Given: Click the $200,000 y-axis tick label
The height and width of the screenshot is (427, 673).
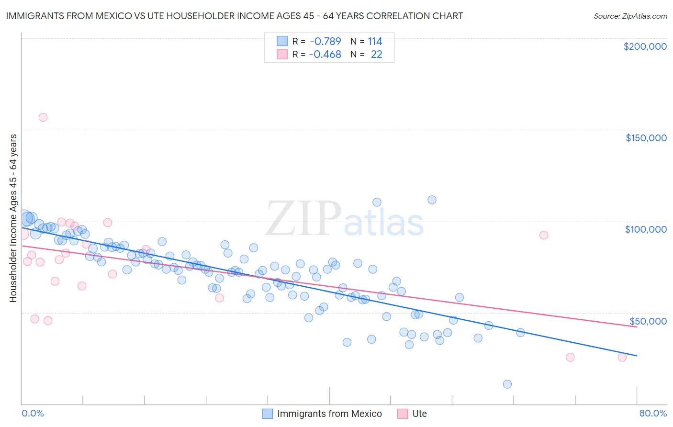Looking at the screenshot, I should tap(645, 46).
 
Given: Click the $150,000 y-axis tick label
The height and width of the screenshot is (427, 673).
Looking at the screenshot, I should tap(646, 138).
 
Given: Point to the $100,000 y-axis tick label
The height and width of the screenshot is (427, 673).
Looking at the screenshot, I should tap(646, 229).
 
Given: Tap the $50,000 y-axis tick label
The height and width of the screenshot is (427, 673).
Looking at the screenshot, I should tap(648, 321).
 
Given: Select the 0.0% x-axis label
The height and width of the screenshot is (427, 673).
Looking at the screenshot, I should tap(33, 413).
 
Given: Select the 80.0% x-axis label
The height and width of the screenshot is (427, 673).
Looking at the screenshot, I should tap(653, 413).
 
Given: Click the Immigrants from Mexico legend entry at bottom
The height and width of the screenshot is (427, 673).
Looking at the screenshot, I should tap(329, 414).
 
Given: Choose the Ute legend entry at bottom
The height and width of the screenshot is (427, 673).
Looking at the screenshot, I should tap(419, 414).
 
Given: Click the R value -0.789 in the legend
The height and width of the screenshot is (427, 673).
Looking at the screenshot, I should tap(325, 41).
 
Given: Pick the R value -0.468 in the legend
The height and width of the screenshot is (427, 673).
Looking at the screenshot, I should tap(325, 55).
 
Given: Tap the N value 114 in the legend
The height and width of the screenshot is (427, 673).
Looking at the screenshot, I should tap(375, 41).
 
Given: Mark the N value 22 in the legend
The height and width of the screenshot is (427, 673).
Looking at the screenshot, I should tap(377, 55).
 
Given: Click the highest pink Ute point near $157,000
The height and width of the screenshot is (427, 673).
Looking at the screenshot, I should tap(43, 117).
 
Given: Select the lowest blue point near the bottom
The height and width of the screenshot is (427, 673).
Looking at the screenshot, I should tap(507, 384).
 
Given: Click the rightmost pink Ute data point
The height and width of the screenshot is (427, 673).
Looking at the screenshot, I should tap(622, 357).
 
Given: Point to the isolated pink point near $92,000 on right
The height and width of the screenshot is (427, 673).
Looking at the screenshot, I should tap(543, 235).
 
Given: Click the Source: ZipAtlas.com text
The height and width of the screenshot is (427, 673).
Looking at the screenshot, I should tap(630, 16).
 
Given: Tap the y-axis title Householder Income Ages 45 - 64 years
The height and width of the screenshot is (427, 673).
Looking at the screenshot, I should tap(13, 218).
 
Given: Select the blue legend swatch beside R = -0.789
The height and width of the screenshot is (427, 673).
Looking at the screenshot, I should tap(282, 41).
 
